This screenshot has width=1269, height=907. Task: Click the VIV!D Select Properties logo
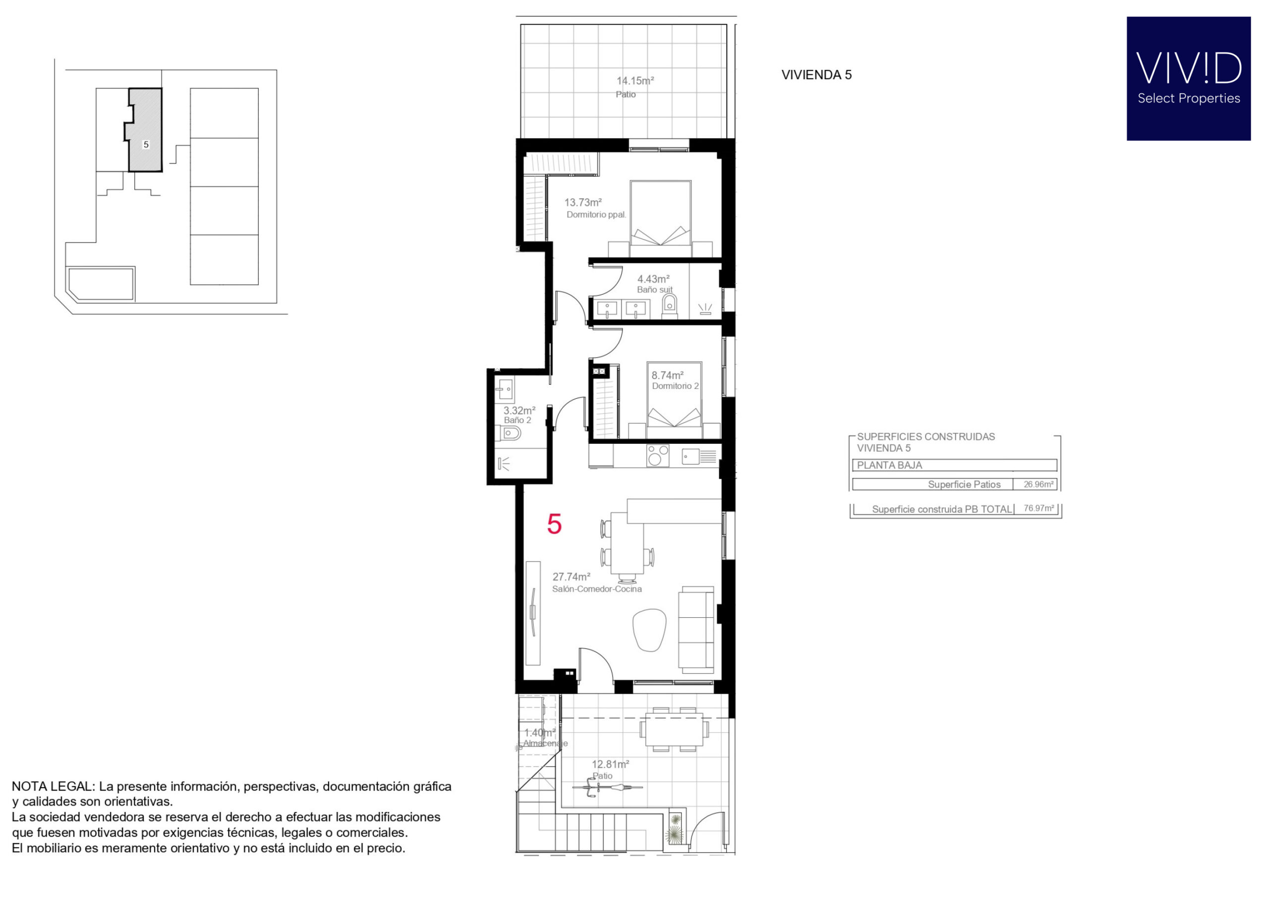pos(1188,78)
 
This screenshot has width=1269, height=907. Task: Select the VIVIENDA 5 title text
pos(816,75)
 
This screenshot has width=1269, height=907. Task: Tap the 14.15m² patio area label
pos(635,81)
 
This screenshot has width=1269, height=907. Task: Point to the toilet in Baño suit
pos(669,306)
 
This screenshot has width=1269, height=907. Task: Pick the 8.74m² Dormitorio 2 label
pos(675,380)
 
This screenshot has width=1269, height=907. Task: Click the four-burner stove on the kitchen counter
pos(658,455)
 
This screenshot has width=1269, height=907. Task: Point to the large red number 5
pos(554,524)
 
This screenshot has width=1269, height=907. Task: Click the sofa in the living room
pos(695,630)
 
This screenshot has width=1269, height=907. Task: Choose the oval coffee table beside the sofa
pos(649,630)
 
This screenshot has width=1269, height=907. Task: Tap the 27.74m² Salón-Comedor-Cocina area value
pos(571,577)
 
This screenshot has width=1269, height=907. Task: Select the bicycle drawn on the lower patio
pos(607,788)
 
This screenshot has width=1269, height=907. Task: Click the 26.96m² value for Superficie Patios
pos(1038,484)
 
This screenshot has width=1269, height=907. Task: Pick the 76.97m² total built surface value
pos(1038,508)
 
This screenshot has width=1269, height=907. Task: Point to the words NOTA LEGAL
pos(53,786)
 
